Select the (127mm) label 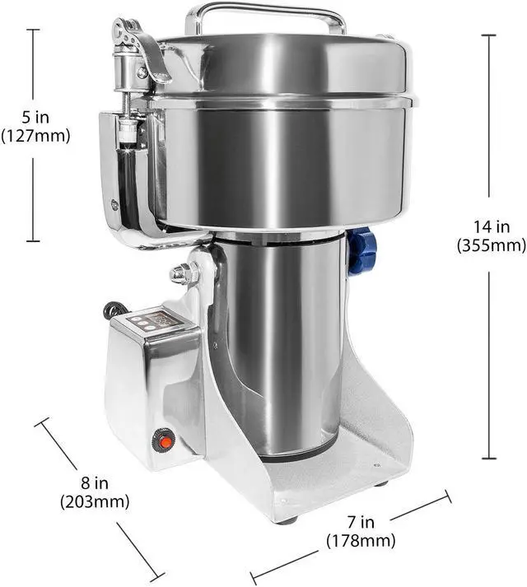35,136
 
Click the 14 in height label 491,225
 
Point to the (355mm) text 491,245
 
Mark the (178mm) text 360,541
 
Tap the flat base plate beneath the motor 329,486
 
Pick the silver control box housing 152,387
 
